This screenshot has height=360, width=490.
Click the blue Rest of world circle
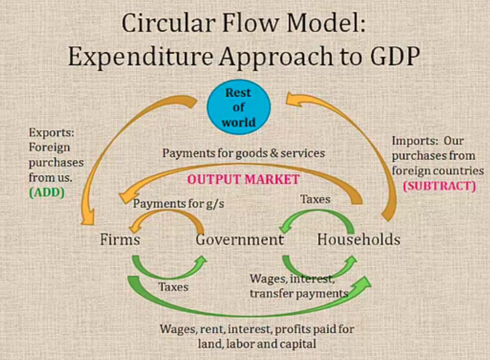click(x=239, y=107)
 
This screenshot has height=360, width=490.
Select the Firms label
click(x=120, y=239)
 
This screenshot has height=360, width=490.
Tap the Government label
click(x=240, y=239)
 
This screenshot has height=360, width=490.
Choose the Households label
click(x=359, y=239)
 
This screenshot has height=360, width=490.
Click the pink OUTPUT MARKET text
click(x=243, y=180)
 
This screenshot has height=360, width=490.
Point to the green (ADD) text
click(x=47, y=193)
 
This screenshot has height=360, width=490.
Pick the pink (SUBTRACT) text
click(x=439, y=186)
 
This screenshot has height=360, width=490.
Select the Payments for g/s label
click(x=179, y=204)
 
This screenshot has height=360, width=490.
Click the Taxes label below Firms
click(x=174, y=287)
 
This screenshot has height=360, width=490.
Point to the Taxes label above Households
click(x=315, y=199)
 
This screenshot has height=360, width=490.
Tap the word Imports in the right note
click(x=415, y=141)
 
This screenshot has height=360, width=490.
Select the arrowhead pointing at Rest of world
click(x=294, y=100)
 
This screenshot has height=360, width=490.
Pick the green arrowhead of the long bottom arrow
click(x=363, y=283)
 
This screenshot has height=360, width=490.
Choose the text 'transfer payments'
click(x=299, y=293)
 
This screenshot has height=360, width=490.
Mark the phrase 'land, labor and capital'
click(x=257, y=344)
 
